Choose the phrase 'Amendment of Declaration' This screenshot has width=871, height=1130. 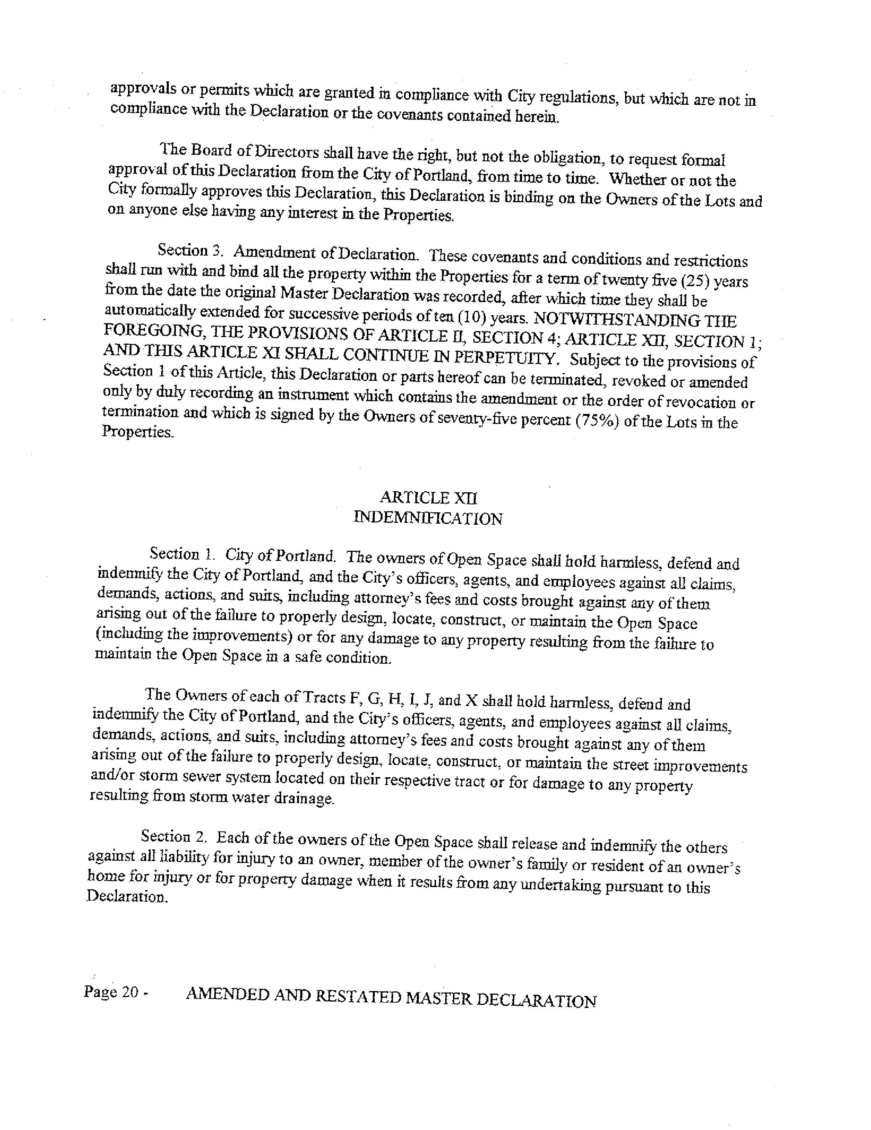(x=325, y=253)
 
